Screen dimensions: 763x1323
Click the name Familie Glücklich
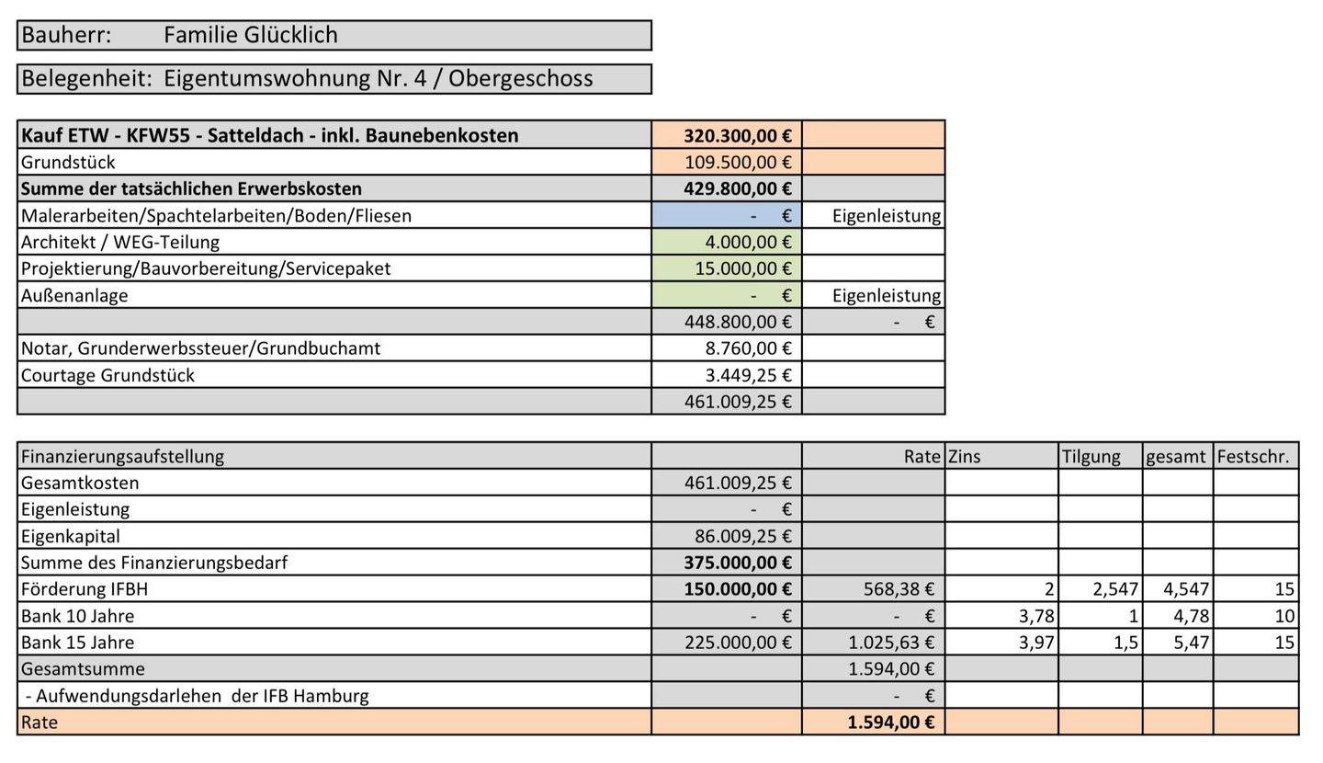[x=250, y=36]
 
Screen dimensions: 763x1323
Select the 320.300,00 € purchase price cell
[x=737, y=136]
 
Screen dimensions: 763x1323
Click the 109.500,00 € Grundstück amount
[x=737, y=163]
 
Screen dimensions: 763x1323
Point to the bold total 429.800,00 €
[x=737, y=189]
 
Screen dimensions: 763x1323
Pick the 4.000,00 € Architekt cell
[x=747, y=243]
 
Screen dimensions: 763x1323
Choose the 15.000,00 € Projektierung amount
[x=741, y=269]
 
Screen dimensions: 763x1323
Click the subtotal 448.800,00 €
[x=737, y=323]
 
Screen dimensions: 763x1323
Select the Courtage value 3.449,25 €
[x=747, y=376]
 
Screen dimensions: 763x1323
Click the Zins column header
[x=965, y=457]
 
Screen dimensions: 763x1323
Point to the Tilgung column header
[x=1091, y=457]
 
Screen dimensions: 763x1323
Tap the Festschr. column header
[x=1253, y=457]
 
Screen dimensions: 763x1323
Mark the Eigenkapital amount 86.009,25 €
[x=741, y=537]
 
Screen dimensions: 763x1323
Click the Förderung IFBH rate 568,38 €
[x=898, y=589]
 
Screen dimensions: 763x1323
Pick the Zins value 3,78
[x=1036, y=616]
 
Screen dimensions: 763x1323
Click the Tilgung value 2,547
[x=1114, y=589]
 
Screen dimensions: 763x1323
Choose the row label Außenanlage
[x=74, y=296]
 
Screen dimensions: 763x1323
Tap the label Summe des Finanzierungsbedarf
[x=153, y=563]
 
